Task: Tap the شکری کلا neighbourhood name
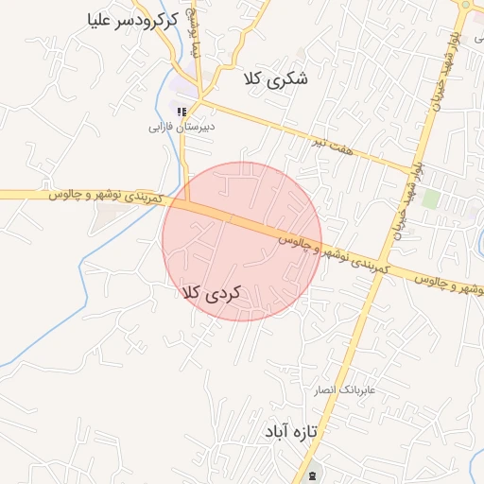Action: [x=275, y=78]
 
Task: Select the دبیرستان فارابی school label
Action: [x=184, y=126]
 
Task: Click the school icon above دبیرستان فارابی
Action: [x=181, y=112]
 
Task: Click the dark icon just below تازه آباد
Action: [x=311, y=474]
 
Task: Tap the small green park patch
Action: [x=431, y=199]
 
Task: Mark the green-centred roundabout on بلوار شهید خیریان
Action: [x=464, y=4]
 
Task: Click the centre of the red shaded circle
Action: [x=242, y=241]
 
